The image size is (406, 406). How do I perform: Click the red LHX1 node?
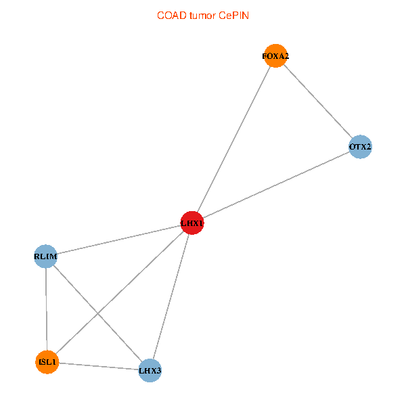pyautogui.click(x=192, y=223)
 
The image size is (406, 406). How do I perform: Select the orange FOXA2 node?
pyautogui.click(x=275, y=56)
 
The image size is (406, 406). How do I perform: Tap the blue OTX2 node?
pyautogui.click(x=360, y=147)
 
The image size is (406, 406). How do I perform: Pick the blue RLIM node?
pyautogui.click(x=45, y=256)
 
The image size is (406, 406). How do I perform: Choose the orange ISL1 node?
pyautogui.click(x=47, y=362)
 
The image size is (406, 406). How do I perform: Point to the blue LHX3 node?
pyautogui.click(x=150, y=371)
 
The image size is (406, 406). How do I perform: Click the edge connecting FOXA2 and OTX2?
pyautogui.click(x=318, y=101)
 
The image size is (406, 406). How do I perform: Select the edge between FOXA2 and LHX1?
pyautogui.click(x=234, y=139)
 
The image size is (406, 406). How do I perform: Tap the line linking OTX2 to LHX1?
pyautogui.click(x=276, y=185)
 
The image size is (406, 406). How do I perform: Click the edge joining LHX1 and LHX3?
pyautogui.click(x=171, y=297)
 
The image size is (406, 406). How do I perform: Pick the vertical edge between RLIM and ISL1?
pyautogui.click(x=46, y=309)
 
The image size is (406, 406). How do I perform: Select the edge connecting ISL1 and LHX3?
pyautogui.click(x=98, y=366)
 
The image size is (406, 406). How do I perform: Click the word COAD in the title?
pyautogui.click(x=172, y=16)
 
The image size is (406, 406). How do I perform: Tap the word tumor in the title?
pyautogui.click(x=202, y=16)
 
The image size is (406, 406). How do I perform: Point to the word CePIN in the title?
pyautogui.click(x=234, y=16)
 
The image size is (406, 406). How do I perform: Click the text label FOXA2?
pyautogui.click(x=275, y=56)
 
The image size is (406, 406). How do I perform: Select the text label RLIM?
pyautogui.click(x=45, y=256)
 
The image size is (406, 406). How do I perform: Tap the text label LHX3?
pyautogui.click(x=150, y=371)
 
